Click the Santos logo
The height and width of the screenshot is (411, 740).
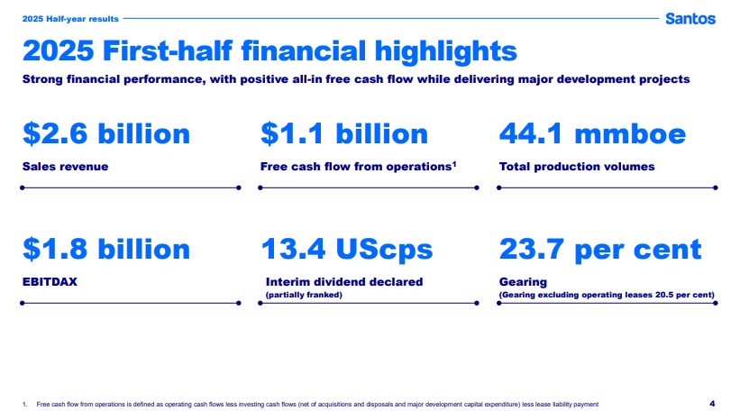(x=690, y=18)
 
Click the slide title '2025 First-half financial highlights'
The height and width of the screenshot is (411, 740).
(x=270, y=50)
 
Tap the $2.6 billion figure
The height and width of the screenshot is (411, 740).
(x=106, y=134)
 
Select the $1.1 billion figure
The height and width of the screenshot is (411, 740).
(x=344, y=134)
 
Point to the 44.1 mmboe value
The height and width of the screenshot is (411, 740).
(x=592, y=134)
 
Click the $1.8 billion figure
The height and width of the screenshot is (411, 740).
(x=106, y=249)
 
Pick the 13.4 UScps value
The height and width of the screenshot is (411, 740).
(x=347, y=249)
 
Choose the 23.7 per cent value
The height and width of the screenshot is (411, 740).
(x=600, y=249)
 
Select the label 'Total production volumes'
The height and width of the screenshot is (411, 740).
(x=576, y=167)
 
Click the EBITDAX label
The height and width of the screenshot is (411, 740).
(x=50, y=281)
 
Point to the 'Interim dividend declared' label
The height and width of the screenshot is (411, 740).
(x=344, y=282)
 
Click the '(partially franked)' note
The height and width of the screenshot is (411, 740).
(x=304, y=295)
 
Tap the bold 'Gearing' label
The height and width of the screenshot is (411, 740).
(x=523, y=282)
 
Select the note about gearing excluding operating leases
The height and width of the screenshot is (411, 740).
(x=607, y=295)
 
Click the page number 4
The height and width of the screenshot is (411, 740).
(x=712, y=403)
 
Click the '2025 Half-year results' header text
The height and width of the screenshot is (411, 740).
(x=59, y=17)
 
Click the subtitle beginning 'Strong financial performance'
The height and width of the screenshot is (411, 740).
(x=356, y=79)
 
